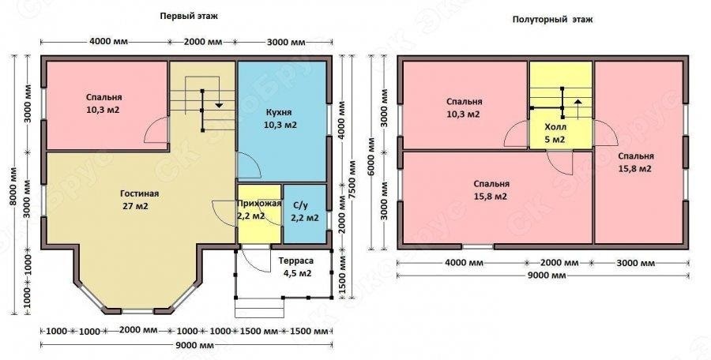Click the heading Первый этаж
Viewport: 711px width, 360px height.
pyautogui.click(x=189, y=17)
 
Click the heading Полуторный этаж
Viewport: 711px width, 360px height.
pyautogui.click(x=552, y=20)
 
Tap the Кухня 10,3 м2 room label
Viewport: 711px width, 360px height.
pyautogui.click(x=280, y=118)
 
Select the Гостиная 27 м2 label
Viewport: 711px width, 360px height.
pyautogui.click(x=139, y=200)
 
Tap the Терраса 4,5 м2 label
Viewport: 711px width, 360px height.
pyautogui.click(x=295, y=268)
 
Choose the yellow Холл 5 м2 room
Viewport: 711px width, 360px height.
pyautogui.click(x=561, y=105)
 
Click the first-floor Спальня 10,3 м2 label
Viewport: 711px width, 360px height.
pyautogui.click(x=103, y=103)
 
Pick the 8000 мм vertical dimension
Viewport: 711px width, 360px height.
pyautogui.click(x=14, y=186)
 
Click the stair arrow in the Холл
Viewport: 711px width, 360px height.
pyautogui.click(x=577, y=107)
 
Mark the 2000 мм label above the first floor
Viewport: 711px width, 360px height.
pyautogui.click(x=203, y=42)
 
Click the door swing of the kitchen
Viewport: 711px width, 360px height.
pyautogui.click(x=249, y=166)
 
